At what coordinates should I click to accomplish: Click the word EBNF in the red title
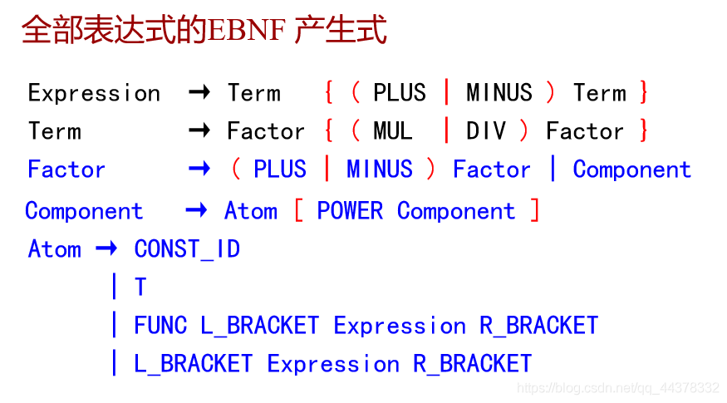tap(247, 30)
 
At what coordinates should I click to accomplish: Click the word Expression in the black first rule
tap(94, 94)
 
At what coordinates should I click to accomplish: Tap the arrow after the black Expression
tap(199, 92)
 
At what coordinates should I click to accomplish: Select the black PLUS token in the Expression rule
tap(400, 92)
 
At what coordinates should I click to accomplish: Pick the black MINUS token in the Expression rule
tap(499, 92)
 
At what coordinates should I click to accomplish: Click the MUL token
tap(393, 130)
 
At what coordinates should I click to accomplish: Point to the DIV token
tap(486, 130)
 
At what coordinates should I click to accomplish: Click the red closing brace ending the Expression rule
tap(644, 92)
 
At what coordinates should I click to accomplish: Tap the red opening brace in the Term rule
tap(329, 130)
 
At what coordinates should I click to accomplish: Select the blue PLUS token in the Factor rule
tap(280, 169)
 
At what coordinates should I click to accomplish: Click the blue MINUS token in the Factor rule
tap(380, 169)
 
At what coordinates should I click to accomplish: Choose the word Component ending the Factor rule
tap(632, 170)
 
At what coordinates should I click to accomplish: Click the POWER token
tap(350, 211)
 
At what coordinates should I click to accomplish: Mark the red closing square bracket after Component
tap(535, 210)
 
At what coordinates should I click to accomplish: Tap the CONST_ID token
tap(187, 249)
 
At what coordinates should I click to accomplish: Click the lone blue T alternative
tap(140, 287)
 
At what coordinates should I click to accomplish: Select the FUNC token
tap(160, 325)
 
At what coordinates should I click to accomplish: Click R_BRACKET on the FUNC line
tap(538, 326)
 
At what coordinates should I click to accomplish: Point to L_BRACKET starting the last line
tap(194, 364)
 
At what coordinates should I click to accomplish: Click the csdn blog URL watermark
tap(618, 388)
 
